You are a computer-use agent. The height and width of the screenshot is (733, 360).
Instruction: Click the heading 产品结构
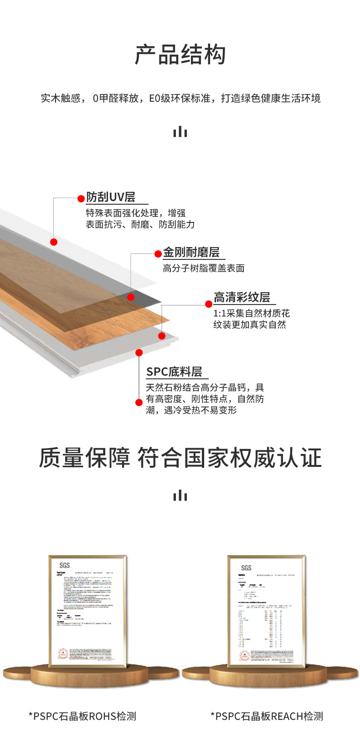click(x=180, y=55)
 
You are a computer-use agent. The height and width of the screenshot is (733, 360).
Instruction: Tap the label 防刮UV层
click(x=111, y=197)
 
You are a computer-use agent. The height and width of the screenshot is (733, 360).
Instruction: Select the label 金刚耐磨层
click(x=191, y=253)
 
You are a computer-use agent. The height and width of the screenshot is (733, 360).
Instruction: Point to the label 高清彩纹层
click(x=242, y=298)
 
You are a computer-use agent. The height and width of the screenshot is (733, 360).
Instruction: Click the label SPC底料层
click(x=174, y=372)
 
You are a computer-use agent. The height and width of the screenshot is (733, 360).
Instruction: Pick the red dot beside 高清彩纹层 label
click(x=209, y=304)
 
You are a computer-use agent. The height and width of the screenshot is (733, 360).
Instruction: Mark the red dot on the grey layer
click(x=131, y=297)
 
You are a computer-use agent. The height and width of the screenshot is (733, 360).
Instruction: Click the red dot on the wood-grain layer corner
click(x=162, y=336)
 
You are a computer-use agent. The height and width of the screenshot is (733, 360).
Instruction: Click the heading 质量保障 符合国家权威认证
click(x=180, y=458)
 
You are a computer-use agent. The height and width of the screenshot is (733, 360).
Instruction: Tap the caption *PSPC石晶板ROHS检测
click(x=82, y=716)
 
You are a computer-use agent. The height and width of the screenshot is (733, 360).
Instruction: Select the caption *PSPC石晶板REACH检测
click(x=267, y=716)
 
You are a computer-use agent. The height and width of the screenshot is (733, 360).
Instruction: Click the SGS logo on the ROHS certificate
click(x=65, y=565)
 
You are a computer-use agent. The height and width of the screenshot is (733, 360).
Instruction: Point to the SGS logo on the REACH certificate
click(x=246, y=568)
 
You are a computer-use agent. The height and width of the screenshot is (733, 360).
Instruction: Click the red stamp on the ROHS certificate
click(x=62, y=654)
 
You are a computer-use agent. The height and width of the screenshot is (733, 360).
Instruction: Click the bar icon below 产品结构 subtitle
click(x=180, y=132)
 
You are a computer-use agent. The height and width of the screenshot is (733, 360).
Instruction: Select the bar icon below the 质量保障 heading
click(x=180, y=495)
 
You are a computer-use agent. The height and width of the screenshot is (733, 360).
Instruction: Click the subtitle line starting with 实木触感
click(x=180, y=98)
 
